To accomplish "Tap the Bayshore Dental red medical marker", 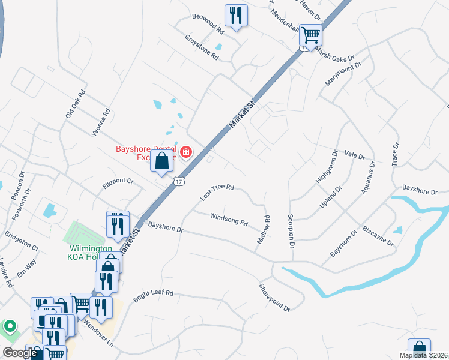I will tap(185, 152).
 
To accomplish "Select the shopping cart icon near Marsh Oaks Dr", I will tap(310, 35).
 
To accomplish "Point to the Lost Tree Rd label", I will tap(217, 192).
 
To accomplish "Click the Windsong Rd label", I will tap(228, 219).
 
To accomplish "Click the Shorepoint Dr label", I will tap(274, 298).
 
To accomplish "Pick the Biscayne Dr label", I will tap(378, 236).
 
